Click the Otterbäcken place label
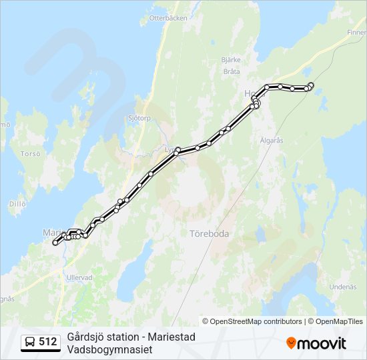(168, 18)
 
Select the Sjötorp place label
(140, 117)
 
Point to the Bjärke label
(230, 60)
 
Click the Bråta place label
(232, 71)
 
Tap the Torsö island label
(31, 153)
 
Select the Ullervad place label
(79, 276)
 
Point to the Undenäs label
(343, 287)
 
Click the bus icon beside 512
(30, 342)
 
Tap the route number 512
(47, 342)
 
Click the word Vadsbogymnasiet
(110, 349)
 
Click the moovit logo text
(322, 343)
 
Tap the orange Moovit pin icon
(291, 343)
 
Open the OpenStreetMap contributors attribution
(252, 321)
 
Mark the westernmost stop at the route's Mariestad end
(55, 243)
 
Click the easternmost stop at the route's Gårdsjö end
(312, 85)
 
